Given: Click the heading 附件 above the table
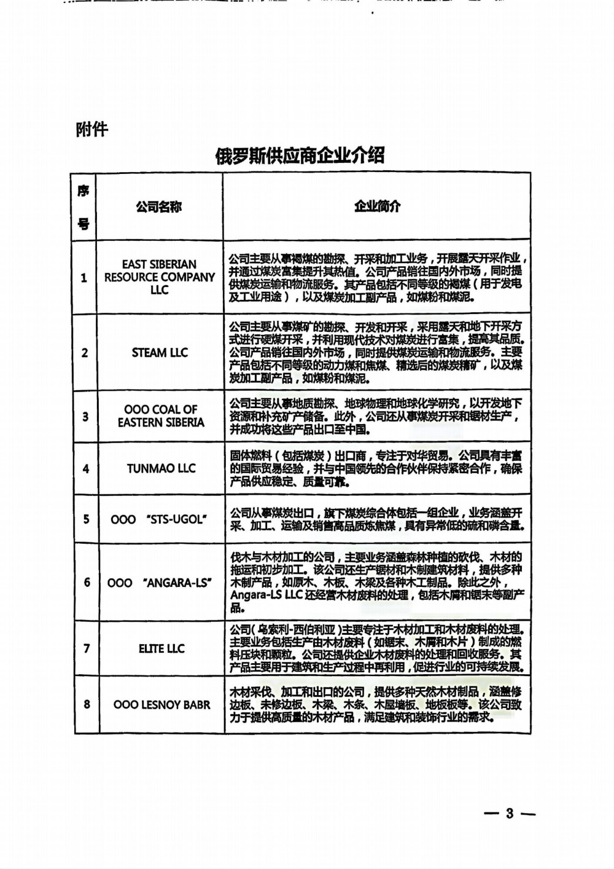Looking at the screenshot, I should click(91, 130).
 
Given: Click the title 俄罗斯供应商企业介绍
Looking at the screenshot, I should click(300, 155).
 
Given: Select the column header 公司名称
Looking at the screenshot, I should click(159, 207).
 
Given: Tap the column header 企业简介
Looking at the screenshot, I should click(376, 206).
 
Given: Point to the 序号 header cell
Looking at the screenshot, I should click(84, 207).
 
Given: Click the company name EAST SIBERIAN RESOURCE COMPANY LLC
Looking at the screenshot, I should click(159, 277).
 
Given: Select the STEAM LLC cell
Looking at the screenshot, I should click(160, 353).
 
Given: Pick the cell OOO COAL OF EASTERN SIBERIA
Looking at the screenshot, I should click(160, 416).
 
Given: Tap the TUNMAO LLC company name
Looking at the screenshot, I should click(161, 468).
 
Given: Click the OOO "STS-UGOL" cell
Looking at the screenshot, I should click(158, 519).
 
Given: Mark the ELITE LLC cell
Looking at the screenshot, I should click(161, 648).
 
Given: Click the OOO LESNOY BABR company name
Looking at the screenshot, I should click(161, 705).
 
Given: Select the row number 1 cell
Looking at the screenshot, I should click(84, 278).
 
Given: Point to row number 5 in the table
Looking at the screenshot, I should click(86, 519).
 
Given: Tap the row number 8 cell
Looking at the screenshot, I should click(87, 704).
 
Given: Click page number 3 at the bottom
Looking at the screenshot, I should click(509, 813).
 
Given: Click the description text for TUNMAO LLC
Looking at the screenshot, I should click(376, 468).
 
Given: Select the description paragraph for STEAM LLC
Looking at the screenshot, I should click(376, 352).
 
